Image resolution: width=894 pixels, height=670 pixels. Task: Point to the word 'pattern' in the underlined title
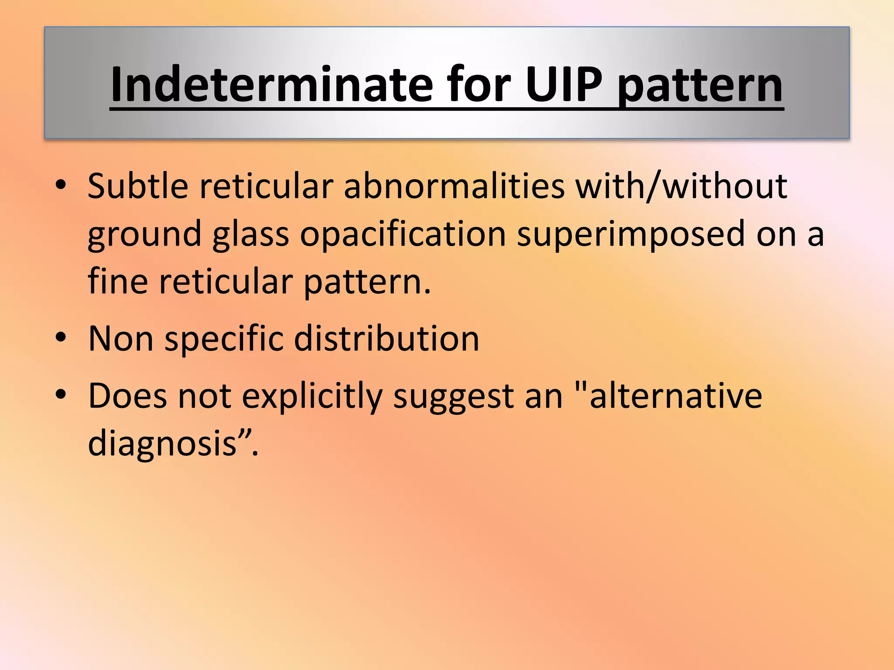pos(700,87)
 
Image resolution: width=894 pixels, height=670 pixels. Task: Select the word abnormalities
pos(454,186)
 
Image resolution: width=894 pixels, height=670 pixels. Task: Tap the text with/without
pos(681,186)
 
